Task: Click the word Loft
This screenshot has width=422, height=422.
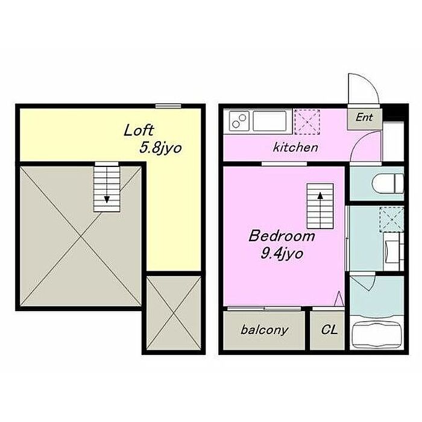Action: (138, 130)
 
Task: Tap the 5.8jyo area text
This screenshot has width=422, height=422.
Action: (160, 148)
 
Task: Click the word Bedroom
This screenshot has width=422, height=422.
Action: (282, 236)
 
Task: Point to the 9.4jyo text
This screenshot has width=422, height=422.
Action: (282, 254)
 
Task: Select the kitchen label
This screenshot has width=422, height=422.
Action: (295, 148)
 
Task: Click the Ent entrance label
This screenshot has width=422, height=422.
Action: (364, 117)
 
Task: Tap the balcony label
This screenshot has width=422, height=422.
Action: (264, 330)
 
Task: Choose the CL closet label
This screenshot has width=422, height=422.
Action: (329, 329)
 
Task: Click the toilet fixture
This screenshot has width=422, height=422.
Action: (388, 183)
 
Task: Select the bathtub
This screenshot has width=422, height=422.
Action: (376, 335)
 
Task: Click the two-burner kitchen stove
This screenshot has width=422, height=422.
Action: (239, 121)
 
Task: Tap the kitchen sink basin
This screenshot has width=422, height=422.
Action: (269, 121)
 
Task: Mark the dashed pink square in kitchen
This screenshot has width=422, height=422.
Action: (307, 122)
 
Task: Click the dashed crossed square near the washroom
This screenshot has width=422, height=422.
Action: (392, 219)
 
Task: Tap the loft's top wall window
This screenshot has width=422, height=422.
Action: (168, 105)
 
